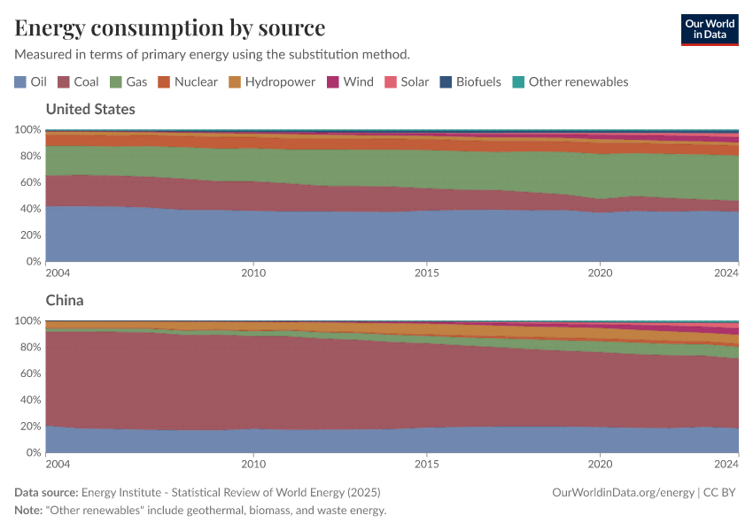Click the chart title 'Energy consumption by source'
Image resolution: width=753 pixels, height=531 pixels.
coord(170,27)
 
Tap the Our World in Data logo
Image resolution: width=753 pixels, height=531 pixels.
coord(709,29)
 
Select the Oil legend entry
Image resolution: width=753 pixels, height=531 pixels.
coord(30,81)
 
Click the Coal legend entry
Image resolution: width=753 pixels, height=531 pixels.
coord(78,81)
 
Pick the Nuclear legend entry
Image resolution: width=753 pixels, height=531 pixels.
coord(188,81)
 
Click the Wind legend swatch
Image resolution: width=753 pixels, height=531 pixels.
coord(333,81)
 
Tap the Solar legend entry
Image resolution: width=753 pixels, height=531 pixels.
coord(407,81)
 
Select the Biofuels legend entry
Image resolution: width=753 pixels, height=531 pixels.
coord(470,81)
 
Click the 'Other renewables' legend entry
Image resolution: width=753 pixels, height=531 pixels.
coord(571,81)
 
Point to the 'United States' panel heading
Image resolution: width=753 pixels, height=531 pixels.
coord(90,109)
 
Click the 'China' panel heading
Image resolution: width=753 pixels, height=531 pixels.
coord(65,300)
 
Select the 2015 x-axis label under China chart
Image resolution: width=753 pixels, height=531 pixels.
coord(427,464)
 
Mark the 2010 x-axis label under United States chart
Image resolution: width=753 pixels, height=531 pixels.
coord(253,273)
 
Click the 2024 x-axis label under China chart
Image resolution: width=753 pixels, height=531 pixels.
coord(726,464)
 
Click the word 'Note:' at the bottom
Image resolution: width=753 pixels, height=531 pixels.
coord(31,511)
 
